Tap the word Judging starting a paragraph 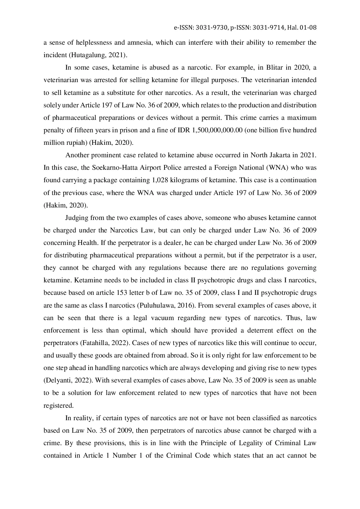tap(76, 218)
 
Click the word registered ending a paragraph tap(58, 406)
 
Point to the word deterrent tap(259, 331)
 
